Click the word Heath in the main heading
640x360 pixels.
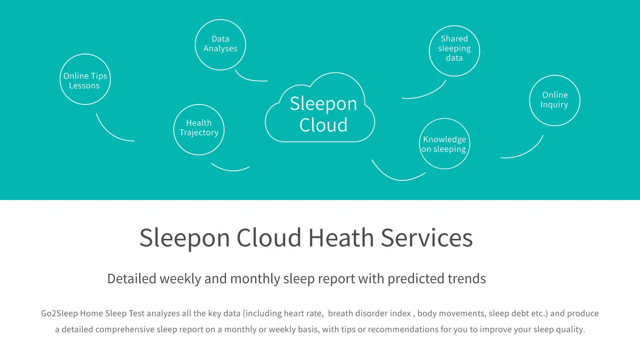pos(341,238)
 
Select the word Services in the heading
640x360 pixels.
pos(427,238)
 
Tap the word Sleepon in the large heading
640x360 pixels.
pos(184,238)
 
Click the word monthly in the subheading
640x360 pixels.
pos(255,279)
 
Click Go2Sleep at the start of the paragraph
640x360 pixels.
pos(59,314)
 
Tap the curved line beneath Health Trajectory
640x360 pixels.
pos(230,170)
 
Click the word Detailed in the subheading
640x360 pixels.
pos(132,278)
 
